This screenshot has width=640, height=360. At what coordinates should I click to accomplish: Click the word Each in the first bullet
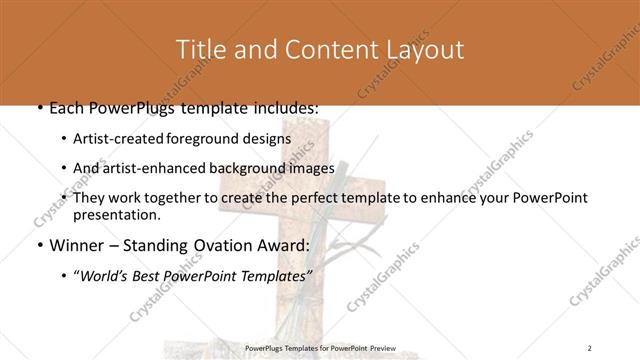67,107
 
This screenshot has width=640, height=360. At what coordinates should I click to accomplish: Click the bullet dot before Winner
39,246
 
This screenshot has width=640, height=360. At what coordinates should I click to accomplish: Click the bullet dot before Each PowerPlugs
39,108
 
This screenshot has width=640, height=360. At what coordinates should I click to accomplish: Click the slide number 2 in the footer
590,348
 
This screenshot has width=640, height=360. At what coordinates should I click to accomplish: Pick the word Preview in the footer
389,348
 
